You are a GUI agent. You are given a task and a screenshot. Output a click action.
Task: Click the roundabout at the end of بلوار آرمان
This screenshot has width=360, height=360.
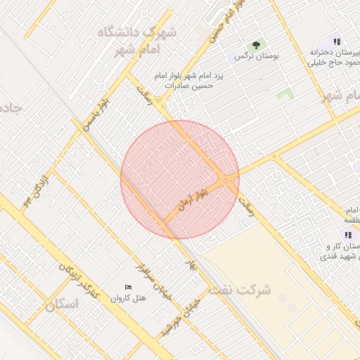[x=226, y=181]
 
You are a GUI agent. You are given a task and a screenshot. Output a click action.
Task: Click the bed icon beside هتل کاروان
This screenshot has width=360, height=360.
[x=127, y=287]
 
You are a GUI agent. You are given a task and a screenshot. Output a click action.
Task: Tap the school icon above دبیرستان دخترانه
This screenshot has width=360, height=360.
[x=337, y=41]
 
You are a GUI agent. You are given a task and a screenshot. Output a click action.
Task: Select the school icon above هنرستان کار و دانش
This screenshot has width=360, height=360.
[x=347, y=234]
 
